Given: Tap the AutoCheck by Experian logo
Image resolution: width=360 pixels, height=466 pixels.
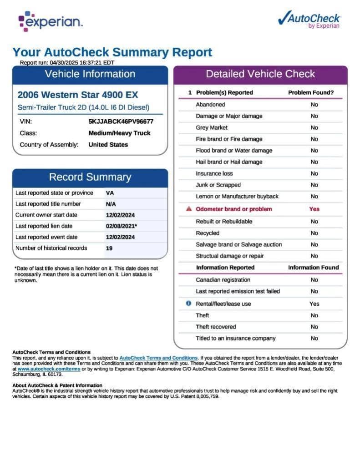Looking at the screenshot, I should pos(309,20).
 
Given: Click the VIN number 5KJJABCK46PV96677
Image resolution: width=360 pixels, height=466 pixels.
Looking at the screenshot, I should pos(121,122).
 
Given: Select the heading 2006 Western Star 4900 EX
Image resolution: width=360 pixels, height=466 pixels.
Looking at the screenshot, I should pos(77,95).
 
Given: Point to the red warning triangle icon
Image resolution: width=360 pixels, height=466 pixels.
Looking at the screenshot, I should pos(189,209).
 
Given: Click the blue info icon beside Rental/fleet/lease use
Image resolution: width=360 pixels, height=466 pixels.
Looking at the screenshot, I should pos(189,304).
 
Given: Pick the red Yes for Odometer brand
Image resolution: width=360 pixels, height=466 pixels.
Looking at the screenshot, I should pos(314,209).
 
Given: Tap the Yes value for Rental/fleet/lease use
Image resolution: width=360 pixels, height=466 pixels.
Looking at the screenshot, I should pos(314,304).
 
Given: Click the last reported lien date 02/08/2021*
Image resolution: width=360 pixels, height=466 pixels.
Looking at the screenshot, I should pos(122,226).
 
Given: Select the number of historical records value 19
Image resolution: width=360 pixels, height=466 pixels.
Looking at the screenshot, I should pos(109,248).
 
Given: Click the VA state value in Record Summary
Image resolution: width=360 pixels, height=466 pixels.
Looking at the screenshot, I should pos(110,193).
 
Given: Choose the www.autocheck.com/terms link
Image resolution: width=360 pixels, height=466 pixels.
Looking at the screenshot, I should pos(49,369).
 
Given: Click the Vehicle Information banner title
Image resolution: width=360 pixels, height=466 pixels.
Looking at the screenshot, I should pos(90,74).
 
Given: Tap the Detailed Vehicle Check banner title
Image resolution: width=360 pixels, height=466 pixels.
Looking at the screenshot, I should pos(260,74).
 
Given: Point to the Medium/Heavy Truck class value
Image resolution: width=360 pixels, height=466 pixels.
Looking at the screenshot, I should pos(119,133).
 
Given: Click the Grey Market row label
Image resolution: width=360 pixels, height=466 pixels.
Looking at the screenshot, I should pos(212,128).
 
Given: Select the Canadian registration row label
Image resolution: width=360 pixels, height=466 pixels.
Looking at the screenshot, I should pos(223,280).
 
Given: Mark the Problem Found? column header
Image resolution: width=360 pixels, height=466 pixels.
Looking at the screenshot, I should pos(311,92).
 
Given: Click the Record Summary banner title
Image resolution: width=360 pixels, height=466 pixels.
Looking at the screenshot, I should pos(90,177).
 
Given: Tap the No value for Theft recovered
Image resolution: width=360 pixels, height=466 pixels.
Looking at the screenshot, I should pos(314,327).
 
